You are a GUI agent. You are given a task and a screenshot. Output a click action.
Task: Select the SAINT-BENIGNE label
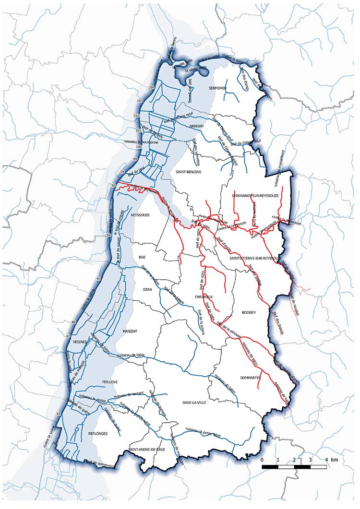[x=188, y=171]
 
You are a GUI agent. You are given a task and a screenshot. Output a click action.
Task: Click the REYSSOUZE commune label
[x=141, y=215]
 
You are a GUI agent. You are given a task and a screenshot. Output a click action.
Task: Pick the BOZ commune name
[x=142, y=257]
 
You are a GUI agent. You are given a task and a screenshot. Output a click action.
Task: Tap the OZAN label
[x=147, y=290]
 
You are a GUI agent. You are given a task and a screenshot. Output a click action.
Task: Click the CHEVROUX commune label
[x=204, y=297]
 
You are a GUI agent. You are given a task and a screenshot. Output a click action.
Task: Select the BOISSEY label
[x=250, y=312]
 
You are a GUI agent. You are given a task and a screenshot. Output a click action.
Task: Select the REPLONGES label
[x=98, y=433]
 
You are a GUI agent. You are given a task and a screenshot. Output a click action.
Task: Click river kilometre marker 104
[x=151, y=87]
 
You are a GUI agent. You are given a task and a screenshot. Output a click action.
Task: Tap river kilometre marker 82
[x=59, y=414]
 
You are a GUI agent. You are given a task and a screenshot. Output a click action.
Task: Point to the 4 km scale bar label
[x=330, y=460]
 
